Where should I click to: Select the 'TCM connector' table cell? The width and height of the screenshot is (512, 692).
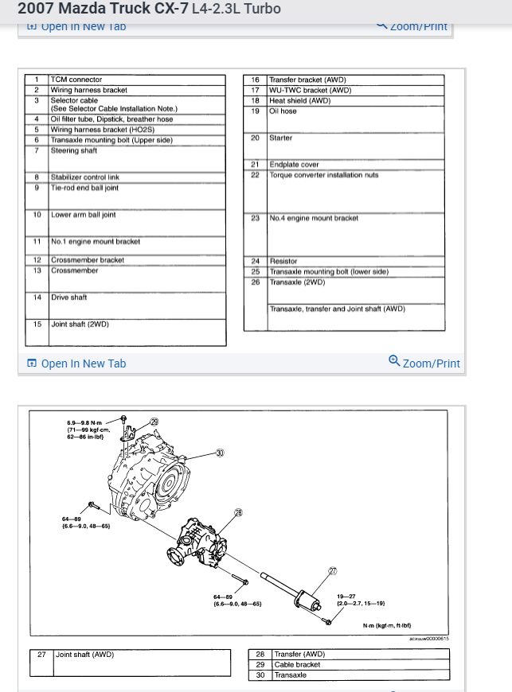pos(76,80)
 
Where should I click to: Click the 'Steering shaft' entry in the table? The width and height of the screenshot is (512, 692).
pos(74,150)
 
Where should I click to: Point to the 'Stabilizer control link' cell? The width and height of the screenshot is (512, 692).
pos(85,177)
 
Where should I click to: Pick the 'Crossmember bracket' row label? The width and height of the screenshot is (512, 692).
pos(88,260)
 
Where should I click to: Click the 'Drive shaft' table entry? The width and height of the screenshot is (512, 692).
pos(69,297)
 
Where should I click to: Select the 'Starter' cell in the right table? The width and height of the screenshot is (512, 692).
pos(281,138)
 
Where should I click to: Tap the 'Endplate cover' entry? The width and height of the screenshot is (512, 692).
pos(294,165)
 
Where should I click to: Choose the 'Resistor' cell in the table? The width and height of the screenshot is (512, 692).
pos(283,261)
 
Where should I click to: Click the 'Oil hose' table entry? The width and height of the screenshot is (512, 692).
pos(283,111)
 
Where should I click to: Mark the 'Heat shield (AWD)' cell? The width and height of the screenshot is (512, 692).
pos(299,101)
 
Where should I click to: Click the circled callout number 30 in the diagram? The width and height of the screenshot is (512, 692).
pos(220,453)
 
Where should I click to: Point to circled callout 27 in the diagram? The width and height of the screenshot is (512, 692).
pos(332,570)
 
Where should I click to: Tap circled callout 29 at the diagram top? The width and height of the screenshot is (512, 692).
pos(154,422)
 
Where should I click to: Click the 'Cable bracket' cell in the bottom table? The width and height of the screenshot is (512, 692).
pos(297,664)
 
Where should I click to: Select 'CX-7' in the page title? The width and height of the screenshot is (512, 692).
pos(170,10)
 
